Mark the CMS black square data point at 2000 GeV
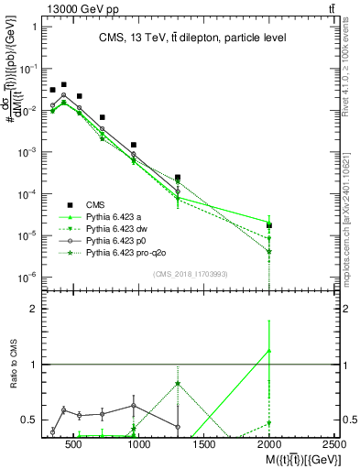click(x=269, y=225)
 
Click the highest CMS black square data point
click(x=63, y=84)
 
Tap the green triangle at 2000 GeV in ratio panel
click(x=269, y=350)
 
